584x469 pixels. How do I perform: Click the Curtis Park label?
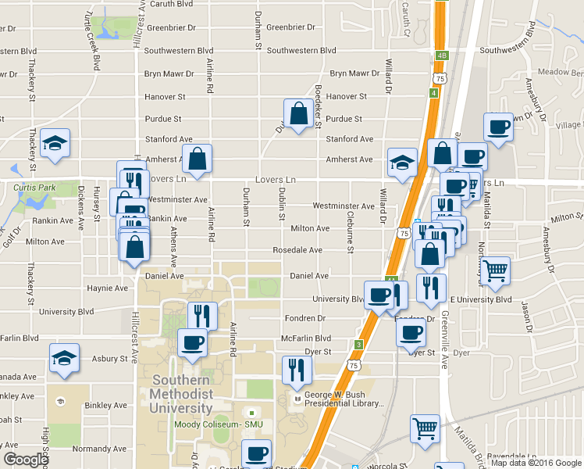[35, 188]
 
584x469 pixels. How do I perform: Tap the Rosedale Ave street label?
[297, 250]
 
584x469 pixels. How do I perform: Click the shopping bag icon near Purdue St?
[298, 114]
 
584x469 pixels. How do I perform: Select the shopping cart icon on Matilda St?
[494, 270]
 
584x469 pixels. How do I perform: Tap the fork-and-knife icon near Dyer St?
[294, 369]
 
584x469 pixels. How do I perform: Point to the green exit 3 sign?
[358, 344]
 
